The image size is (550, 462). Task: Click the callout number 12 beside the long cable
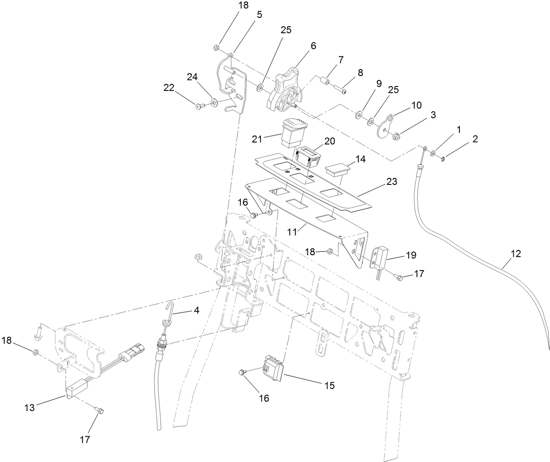point(515,254)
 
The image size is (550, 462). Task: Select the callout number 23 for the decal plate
point(391,181)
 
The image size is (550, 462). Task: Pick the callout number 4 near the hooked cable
point(196,310)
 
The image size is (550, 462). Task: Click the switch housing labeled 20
point(308,155)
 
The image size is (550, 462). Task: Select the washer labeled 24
point(214,103)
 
